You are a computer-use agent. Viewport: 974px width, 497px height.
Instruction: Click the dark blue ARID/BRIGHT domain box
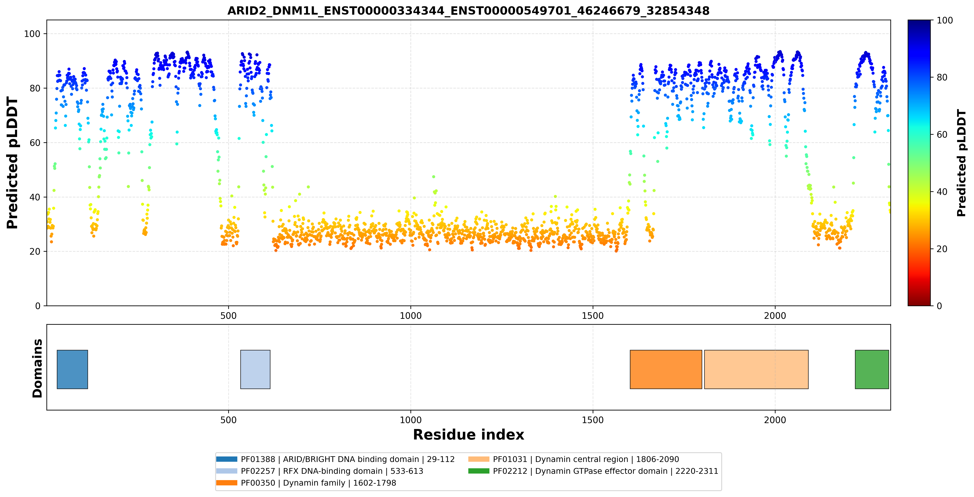(x=72, y=369)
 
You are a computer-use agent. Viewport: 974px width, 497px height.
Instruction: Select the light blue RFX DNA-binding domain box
(x=255, y=369)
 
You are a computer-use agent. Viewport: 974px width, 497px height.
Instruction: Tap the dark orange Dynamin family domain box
(x=666, y=369)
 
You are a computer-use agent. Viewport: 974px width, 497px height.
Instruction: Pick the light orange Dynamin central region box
(x=756, y=369)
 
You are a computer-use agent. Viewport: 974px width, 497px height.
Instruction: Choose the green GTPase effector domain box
(x=872, y=369)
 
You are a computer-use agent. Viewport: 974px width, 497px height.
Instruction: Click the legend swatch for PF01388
(x=227, y=459)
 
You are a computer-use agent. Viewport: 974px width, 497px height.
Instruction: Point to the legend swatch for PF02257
(x=227, y=471)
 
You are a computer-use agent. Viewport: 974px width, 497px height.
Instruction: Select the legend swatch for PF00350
(x=227, y=483)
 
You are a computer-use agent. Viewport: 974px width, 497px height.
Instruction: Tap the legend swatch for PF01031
(x=479, y=459)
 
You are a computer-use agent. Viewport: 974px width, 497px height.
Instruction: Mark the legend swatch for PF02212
(x=479, y=471)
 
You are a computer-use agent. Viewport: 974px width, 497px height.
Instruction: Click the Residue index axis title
(x=469, y=435)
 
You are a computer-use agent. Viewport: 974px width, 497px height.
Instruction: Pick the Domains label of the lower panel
(x=37, y=368)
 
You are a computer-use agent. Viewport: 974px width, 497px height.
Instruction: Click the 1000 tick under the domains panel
(x=411, y=420)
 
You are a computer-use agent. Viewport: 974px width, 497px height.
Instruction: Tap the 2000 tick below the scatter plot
(x=775, y=316)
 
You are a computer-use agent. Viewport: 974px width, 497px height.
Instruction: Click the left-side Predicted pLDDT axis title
(x=12, y=163)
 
